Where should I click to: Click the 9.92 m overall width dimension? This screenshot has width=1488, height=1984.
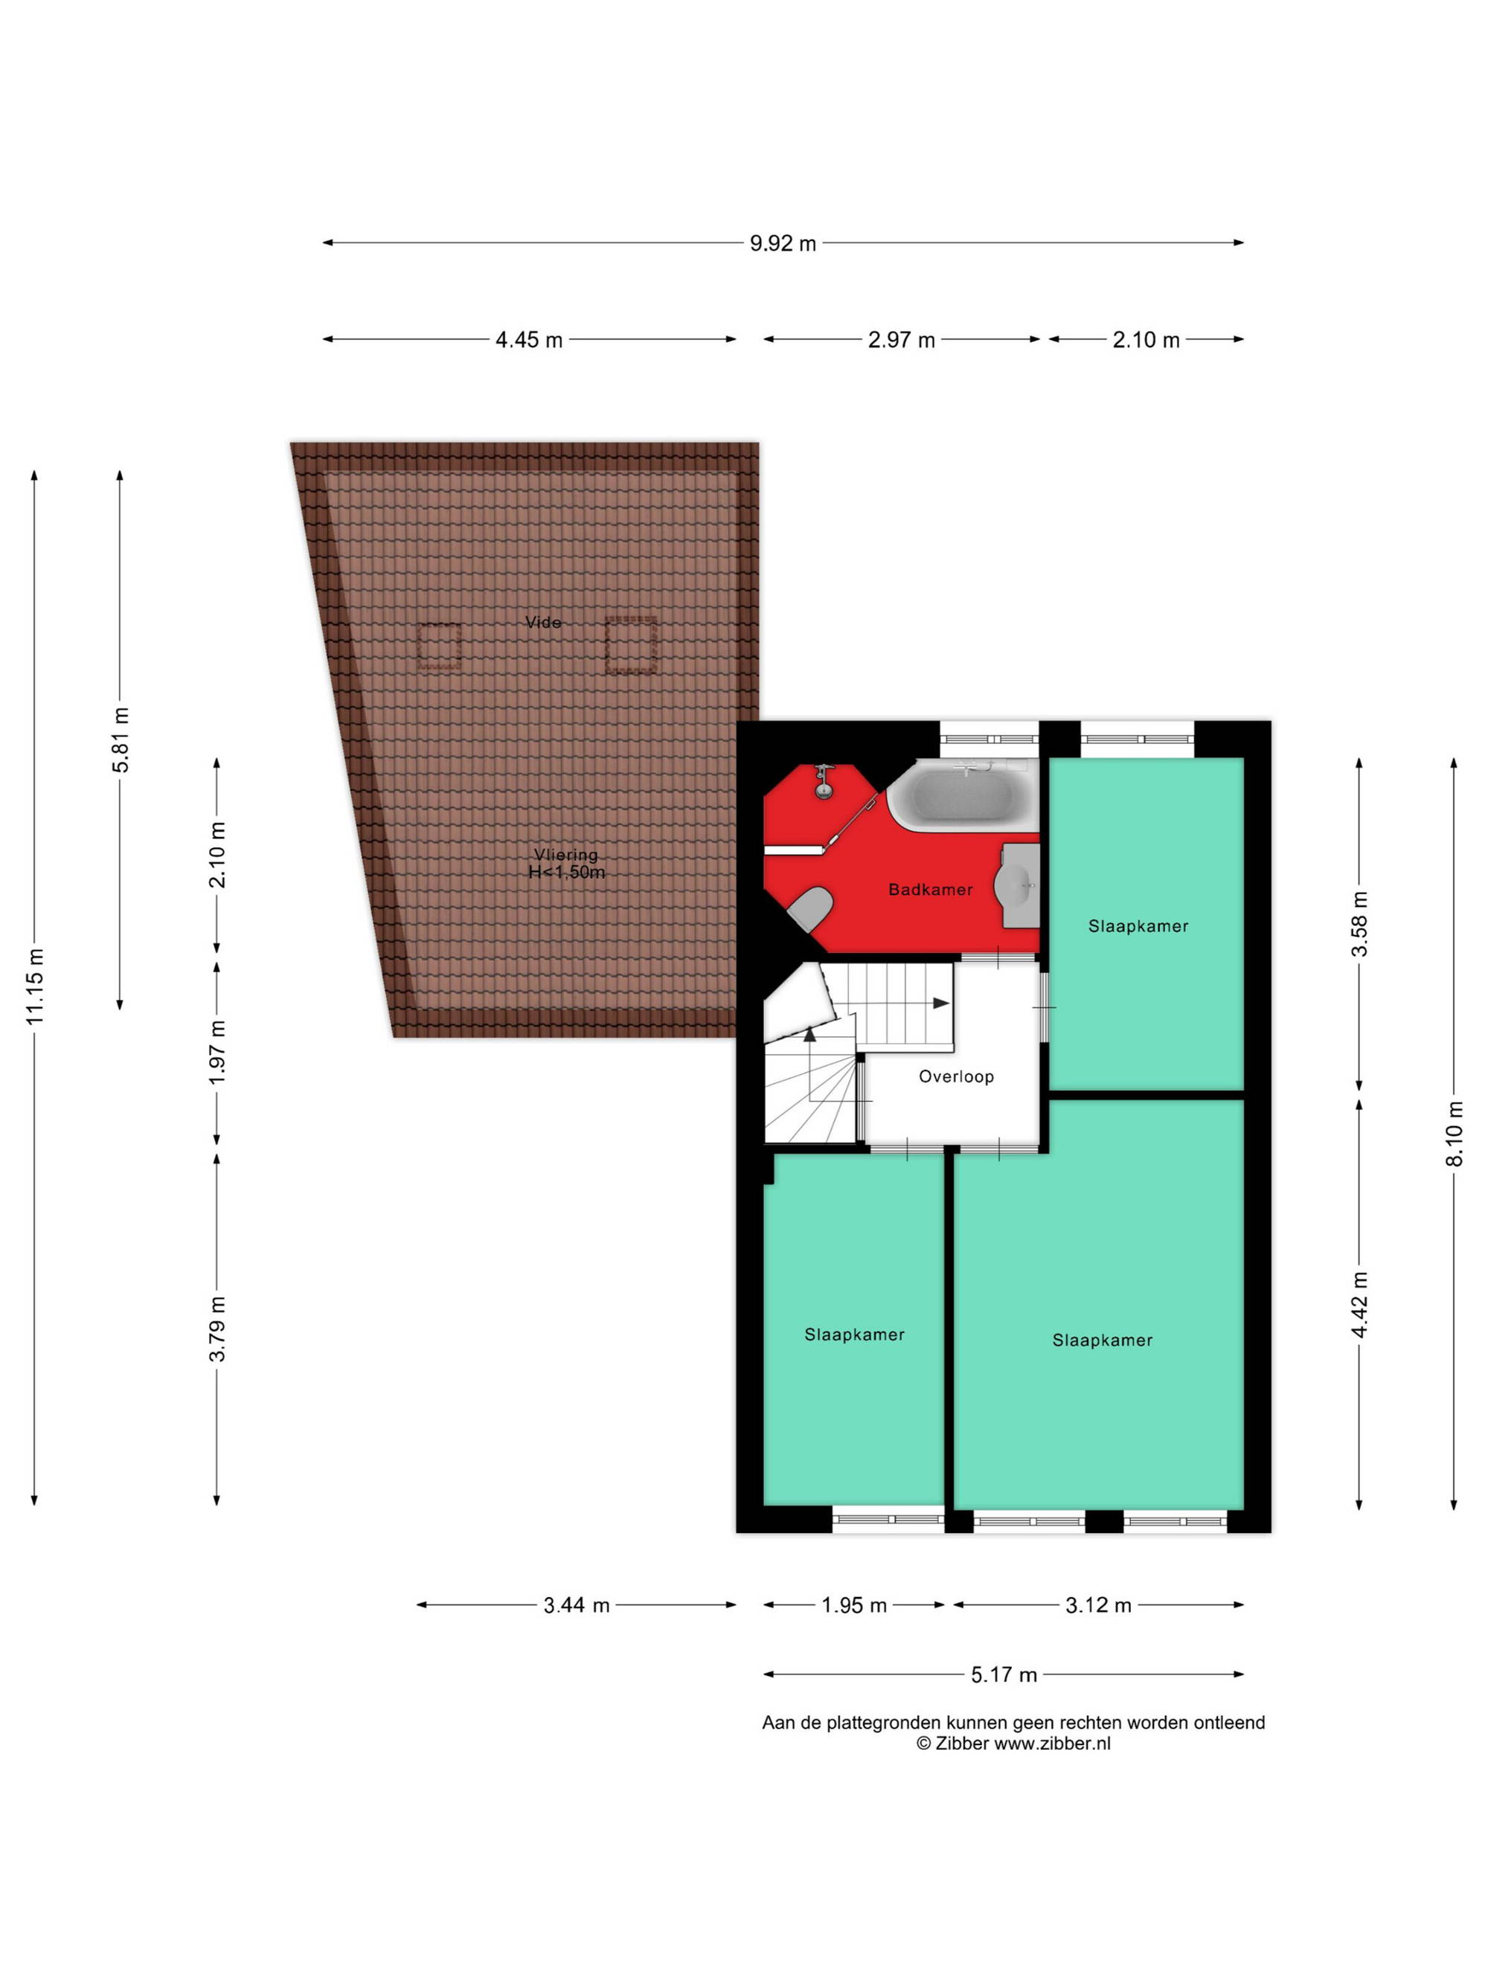coord(783,243)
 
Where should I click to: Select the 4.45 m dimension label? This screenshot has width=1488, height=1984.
coord(529,340)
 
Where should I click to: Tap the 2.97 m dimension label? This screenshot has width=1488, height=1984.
coord(902,340)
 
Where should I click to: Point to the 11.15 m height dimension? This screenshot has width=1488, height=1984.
coord(35,986)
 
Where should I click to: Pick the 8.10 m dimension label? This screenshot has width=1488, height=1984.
coord(1454,1134)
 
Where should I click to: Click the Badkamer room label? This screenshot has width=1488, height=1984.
coord(930,890)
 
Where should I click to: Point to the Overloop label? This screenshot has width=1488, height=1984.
coord(956,1076)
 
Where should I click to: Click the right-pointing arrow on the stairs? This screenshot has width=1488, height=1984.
coord(941,1003)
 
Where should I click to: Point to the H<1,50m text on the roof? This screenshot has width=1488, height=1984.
coord(566,872)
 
